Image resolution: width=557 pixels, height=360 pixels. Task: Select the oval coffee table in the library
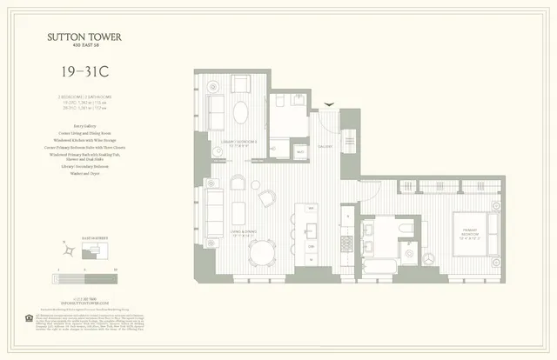243,111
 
